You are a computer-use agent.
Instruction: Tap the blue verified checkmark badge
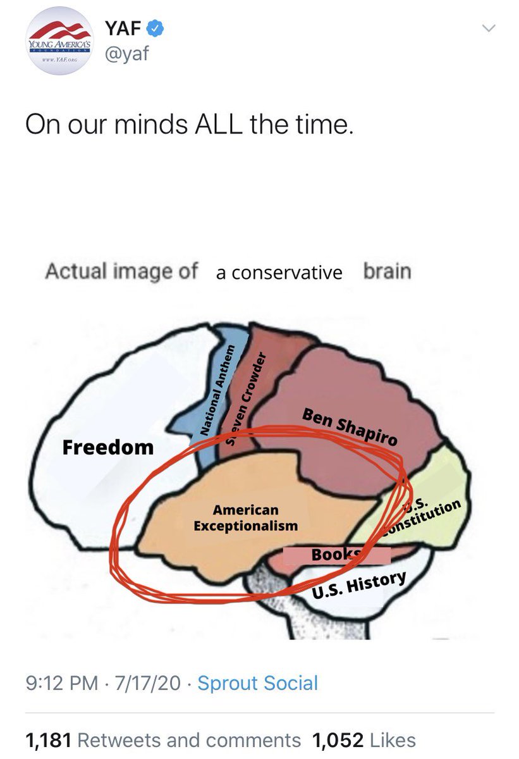[156, 28]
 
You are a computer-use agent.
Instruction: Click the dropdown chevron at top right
[489, 28]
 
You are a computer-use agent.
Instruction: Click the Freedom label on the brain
[108, 448]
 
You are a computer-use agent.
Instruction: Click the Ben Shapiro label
[350, 428]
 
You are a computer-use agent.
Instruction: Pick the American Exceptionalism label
[245, 517]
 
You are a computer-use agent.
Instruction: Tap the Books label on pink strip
[336, 555]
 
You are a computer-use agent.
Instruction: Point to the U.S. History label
[359, 584]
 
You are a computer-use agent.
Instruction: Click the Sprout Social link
[257, 683]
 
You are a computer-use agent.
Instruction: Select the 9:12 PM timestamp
[61, 683]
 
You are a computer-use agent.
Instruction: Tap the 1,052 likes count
[338, 739]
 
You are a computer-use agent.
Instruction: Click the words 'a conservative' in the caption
[279, 273]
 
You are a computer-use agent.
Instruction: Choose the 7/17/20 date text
[145, 683]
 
